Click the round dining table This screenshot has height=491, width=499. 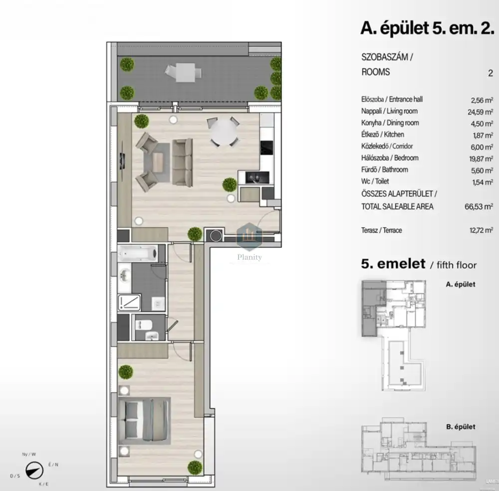pos(224,132)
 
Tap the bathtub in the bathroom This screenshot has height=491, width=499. pos(138,253)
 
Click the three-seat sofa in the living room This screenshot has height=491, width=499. pos(182,162)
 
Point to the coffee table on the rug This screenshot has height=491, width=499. pos(158,162)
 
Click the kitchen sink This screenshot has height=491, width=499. pos(257,177)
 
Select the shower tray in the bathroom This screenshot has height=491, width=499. pos(130,303)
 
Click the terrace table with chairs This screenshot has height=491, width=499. pos(184,72)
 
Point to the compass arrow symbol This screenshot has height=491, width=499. pos(34,471)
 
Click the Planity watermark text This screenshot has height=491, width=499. pos(249,257)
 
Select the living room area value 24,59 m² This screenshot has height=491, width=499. pos(480,112)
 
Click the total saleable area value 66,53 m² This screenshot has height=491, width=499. pos(479,206)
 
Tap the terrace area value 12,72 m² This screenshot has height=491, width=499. pos(481,230)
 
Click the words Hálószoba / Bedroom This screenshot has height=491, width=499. pos(390,158)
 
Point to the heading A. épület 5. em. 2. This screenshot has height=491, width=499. pos(428,28)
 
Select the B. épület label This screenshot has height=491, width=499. pos(461,427)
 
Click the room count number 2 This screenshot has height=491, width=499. pos(491,73)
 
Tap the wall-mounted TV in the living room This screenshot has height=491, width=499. pos(123,161)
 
